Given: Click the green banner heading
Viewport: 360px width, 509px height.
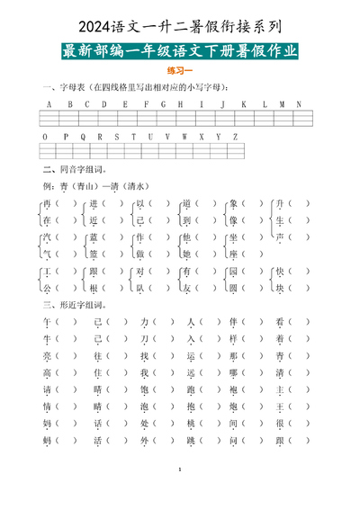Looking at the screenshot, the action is tap(180, 50).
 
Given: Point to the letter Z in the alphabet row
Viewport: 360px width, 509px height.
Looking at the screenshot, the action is tap(235, 137).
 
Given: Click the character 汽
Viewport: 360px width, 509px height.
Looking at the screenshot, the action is tap(47, 237).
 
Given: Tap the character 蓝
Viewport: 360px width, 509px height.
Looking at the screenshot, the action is tap(93, 237).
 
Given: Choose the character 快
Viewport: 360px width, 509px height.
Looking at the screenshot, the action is tap(280, 272).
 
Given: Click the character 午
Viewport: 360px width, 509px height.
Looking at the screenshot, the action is tap(47, 322).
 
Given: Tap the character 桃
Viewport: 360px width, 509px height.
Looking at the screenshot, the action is tap(190, 424).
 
